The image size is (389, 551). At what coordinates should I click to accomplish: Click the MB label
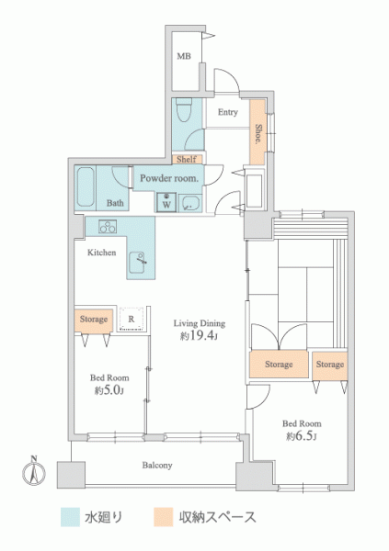pyautogui.click(x=184, y=56)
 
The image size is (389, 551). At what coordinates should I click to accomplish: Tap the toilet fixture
pyautogui.click(x=183, y=110)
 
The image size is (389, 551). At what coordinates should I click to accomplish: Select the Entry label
pyautogui.click(x=228, y=112)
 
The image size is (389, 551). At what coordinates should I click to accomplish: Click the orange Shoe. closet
pyautogui.click(x=257, y=132)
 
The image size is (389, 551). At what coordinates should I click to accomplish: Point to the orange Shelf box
pyautogui.click(x=187, y=159)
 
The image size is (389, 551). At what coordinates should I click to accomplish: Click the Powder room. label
pyautogui.click(x=169, y=178)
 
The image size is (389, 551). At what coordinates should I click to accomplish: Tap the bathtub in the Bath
pyautogui.click(x=86, y=187)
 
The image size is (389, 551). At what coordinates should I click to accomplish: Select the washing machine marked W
pyautogui.click(x=166, y=202)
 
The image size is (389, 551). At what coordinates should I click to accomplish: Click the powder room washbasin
pyautogui.click(x=190, y=204)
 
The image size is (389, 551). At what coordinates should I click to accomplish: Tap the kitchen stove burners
pyautogui.click(x=108, y=227)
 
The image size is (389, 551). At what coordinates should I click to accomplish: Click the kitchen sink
pyautogui.click(x=137, y=262)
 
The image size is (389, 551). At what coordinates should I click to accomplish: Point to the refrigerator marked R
pyautogui.click(x=132, y=319)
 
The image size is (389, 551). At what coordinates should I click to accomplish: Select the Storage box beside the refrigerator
pyautogui.click(x=94, y=320)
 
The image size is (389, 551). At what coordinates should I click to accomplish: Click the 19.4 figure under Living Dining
pyautogui.click(x=201, y=335)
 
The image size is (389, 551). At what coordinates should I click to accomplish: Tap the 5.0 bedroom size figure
pyautogui.click(x=113, y=390)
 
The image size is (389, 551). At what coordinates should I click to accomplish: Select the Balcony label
pyautogui.click(x=157, y=466)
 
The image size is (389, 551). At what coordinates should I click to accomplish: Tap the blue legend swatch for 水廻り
pyautogui.click(x=70, y=517)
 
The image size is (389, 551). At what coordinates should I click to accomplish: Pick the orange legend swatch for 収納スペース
pyautogui.click(x=164, y=517)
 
